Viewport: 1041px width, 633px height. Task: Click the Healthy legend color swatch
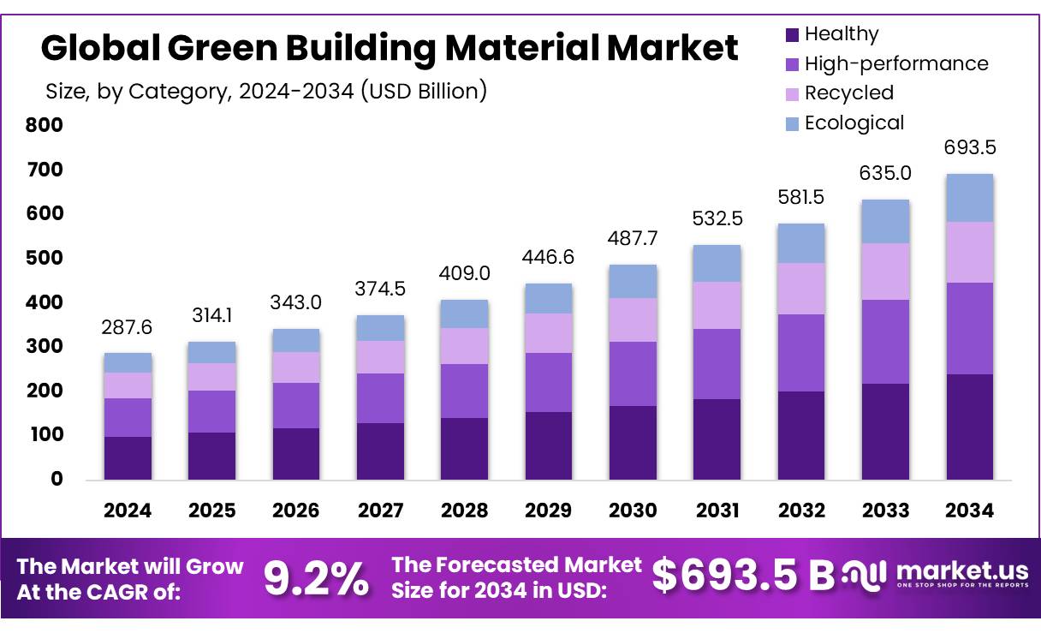click(792, 35)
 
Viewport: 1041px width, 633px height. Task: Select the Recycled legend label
click(848, 93)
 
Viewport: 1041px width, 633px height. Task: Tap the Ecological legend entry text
click(854, 122)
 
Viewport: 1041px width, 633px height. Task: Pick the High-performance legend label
click(895, 63)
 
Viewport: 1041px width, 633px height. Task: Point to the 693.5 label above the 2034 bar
click(969, 147)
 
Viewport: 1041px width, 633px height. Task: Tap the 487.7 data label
click(633, 240)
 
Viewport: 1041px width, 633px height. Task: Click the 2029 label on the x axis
click(549, 511)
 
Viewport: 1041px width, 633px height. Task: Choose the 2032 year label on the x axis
click(801, 511)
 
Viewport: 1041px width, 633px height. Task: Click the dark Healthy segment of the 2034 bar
click(969, 427)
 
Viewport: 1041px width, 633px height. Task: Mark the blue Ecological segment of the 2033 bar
click(885, 221)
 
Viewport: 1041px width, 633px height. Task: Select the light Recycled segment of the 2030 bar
click(633, 319)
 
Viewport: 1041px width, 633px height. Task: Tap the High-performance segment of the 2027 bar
click(380, 397)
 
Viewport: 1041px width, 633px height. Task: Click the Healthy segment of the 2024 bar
click(128, 457)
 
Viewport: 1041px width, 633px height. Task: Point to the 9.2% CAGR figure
click(315, 579)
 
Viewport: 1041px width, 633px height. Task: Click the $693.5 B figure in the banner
click(743, 576)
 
